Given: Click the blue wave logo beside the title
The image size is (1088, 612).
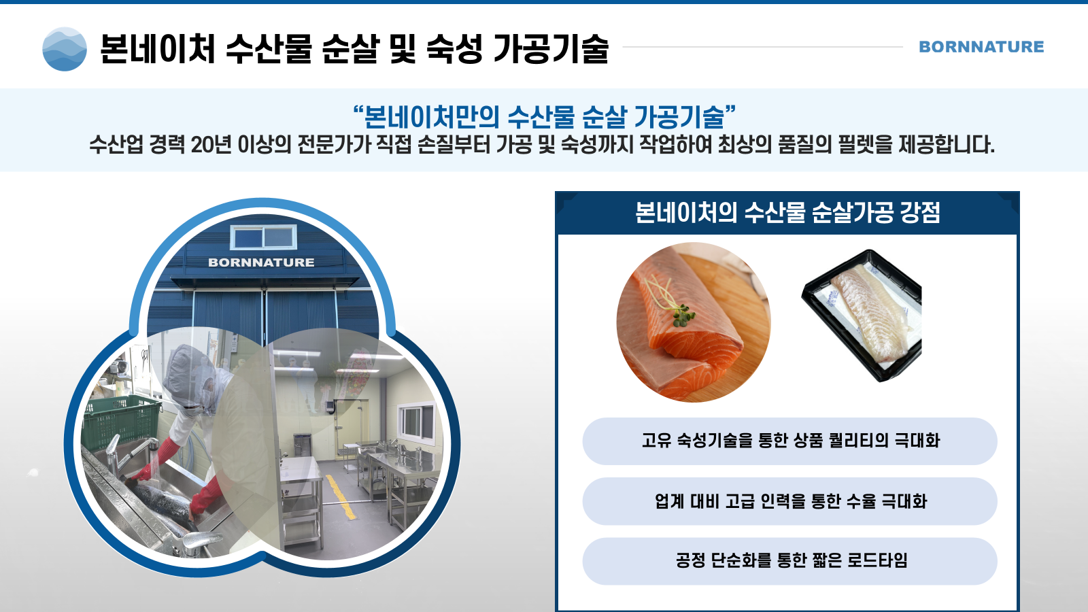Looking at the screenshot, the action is click(x=65, y=49).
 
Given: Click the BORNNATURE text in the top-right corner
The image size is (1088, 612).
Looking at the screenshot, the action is click(x=981, y=47).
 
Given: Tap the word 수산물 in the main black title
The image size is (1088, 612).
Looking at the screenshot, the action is click(x=269, y=49).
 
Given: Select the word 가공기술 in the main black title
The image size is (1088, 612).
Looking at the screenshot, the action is click(x=551, y=49).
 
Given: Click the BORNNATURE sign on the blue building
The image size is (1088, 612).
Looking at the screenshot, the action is click(x=261, y=262).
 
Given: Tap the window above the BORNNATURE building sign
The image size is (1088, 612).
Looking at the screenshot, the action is click(x=263, y=237).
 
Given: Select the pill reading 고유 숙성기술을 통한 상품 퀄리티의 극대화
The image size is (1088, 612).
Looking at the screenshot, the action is click(x=789, y=441).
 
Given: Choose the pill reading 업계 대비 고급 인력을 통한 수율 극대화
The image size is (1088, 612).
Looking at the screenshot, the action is click(x=789, y=500).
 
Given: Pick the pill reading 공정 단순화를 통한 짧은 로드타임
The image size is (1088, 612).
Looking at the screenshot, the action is click(x=789, y=560).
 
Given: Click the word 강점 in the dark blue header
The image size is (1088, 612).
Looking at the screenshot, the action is click(x=920, y=213).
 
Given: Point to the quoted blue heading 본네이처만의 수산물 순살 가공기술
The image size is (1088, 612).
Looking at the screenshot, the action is click(x=544, y=116).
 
